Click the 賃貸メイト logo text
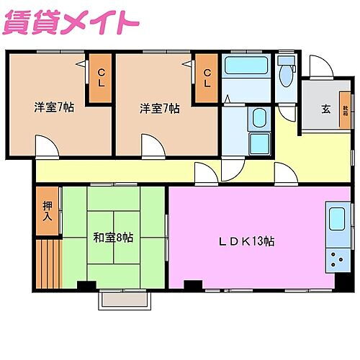(x=71, y=22)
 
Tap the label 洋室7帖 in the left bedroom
(x=54, y=108)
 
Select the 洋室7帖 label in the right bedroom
(x=160, y=108)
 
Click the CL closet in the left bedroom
(x=102, y=77)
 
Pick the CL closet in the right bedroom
(x=207, y=77)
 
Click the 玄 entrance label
(x=325, y=109)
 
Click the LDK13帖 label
(x=246, y=241)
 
